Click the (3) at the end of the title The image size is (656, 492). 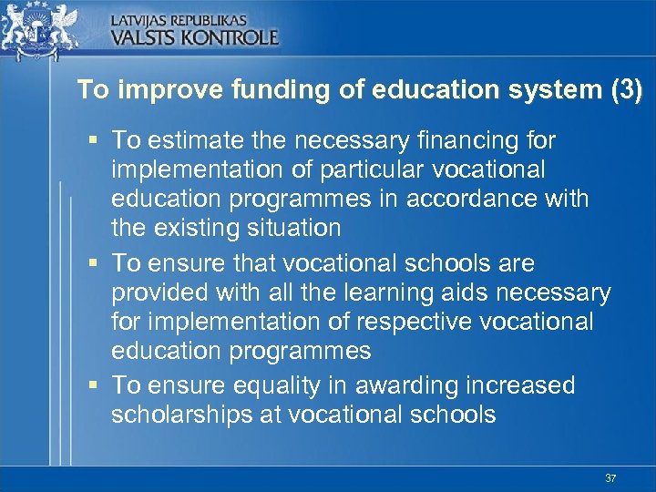tap(625, 90)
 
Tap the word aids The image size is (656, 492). tap(514, 292)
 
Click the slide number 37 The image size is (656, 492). tap(610, 477)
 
